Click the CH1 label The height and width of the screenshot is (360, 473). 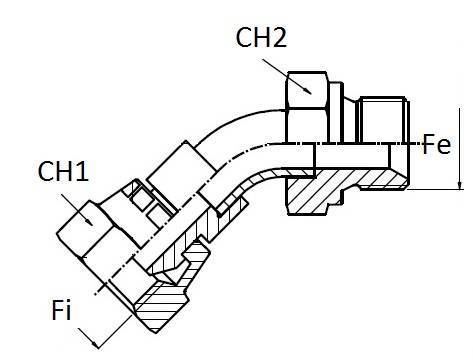63,173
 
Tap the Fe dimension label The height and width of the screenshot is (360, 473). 436,145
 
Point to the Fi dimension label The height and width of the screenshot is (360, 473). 63,312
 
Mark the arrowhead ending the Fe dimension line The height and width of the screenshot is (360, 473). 457,187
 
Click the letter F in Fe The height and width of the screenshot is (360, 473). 429,145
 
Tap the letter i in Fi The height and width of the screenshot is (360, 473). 71,312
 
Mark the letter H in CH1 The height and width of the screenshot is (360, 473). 65,173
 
